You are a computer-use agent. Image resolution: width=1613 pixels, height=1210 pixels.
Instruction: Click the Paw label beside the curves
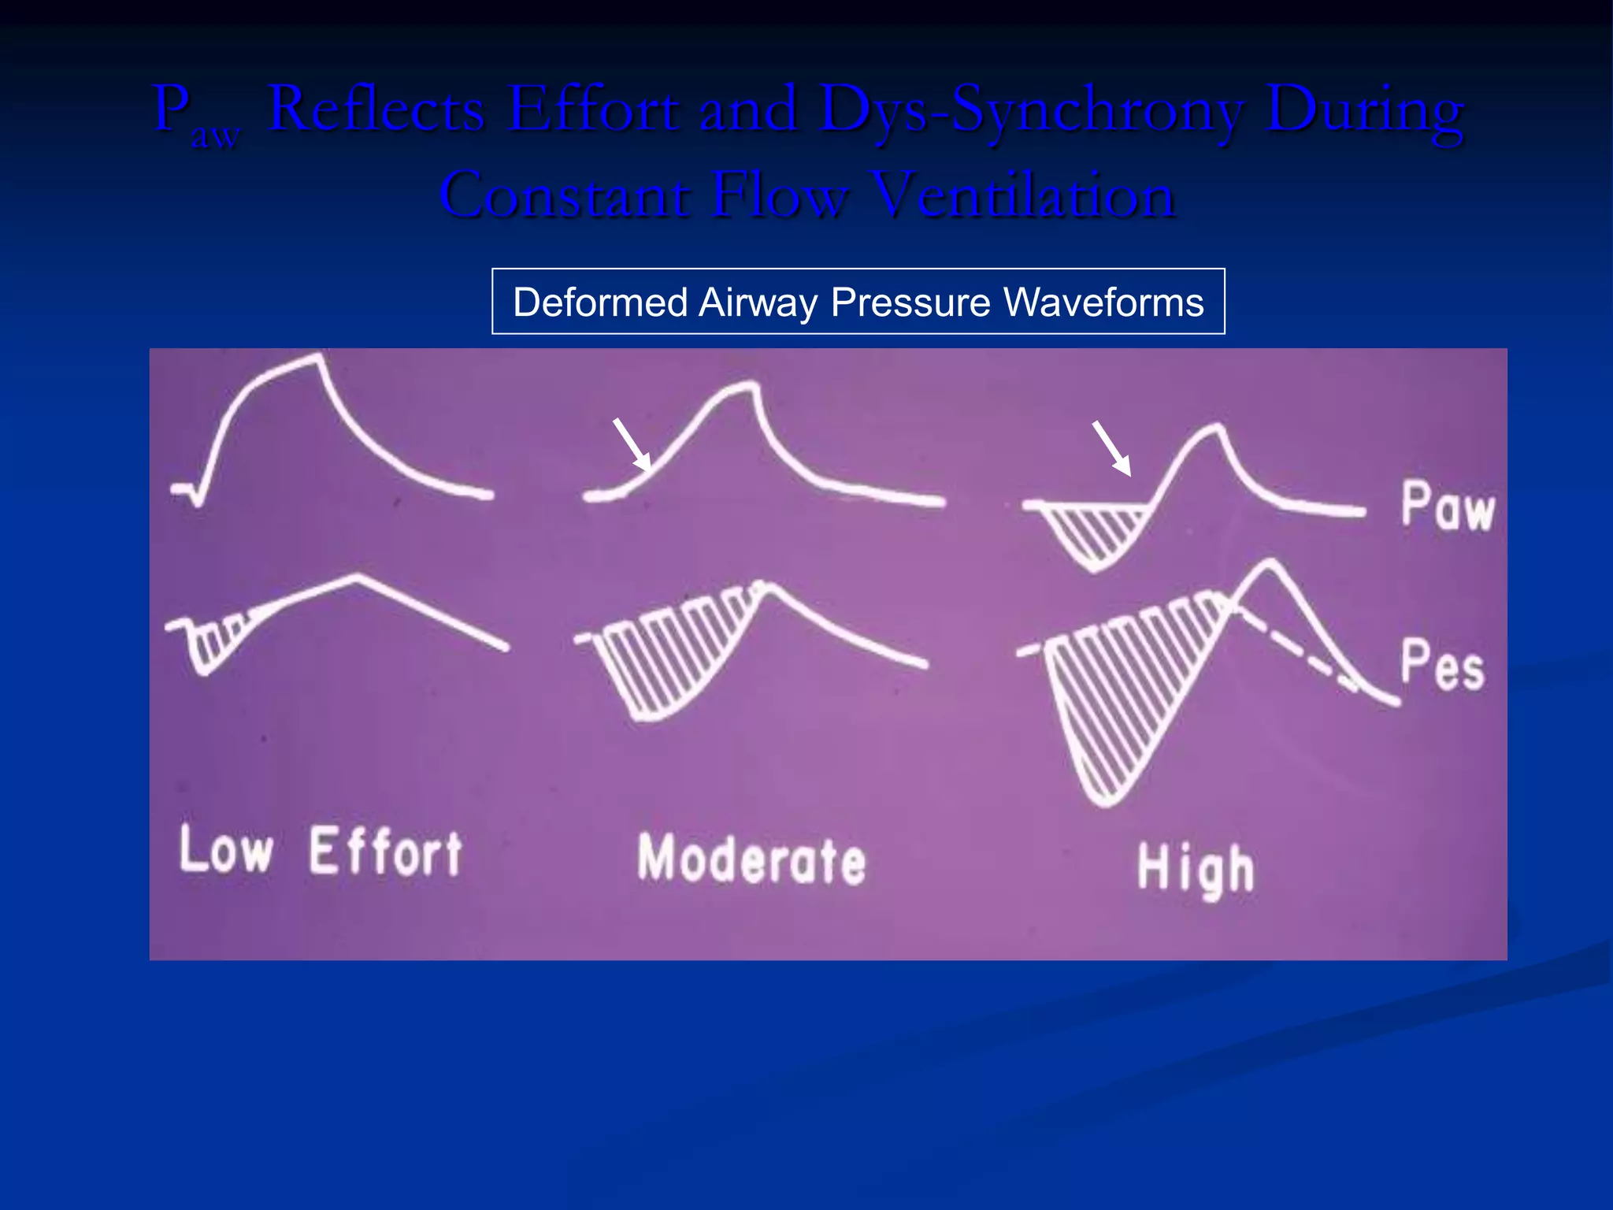point(1447,506)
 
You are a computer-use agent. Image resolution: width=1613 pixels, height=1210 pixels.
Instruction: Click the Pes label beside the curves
point(1441,666)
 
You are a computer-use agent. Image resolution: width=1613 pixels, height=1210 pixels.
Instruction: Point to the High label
point(1195,870)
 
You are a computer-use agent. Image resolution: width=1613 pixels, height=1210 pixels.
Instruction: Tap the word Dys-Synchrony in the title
point(1032,110)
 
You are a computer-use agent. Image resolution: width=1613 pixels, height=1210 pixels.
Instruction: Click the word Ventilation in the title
point(1024,195)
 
